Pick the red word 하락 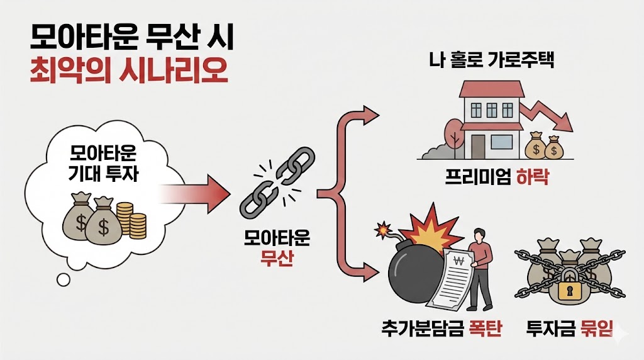tap(533, 178)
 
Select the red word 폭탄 tap(485, 329)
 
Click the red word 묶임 tap(595, 329)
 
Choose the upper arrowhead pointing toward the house tap(372, 116)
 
